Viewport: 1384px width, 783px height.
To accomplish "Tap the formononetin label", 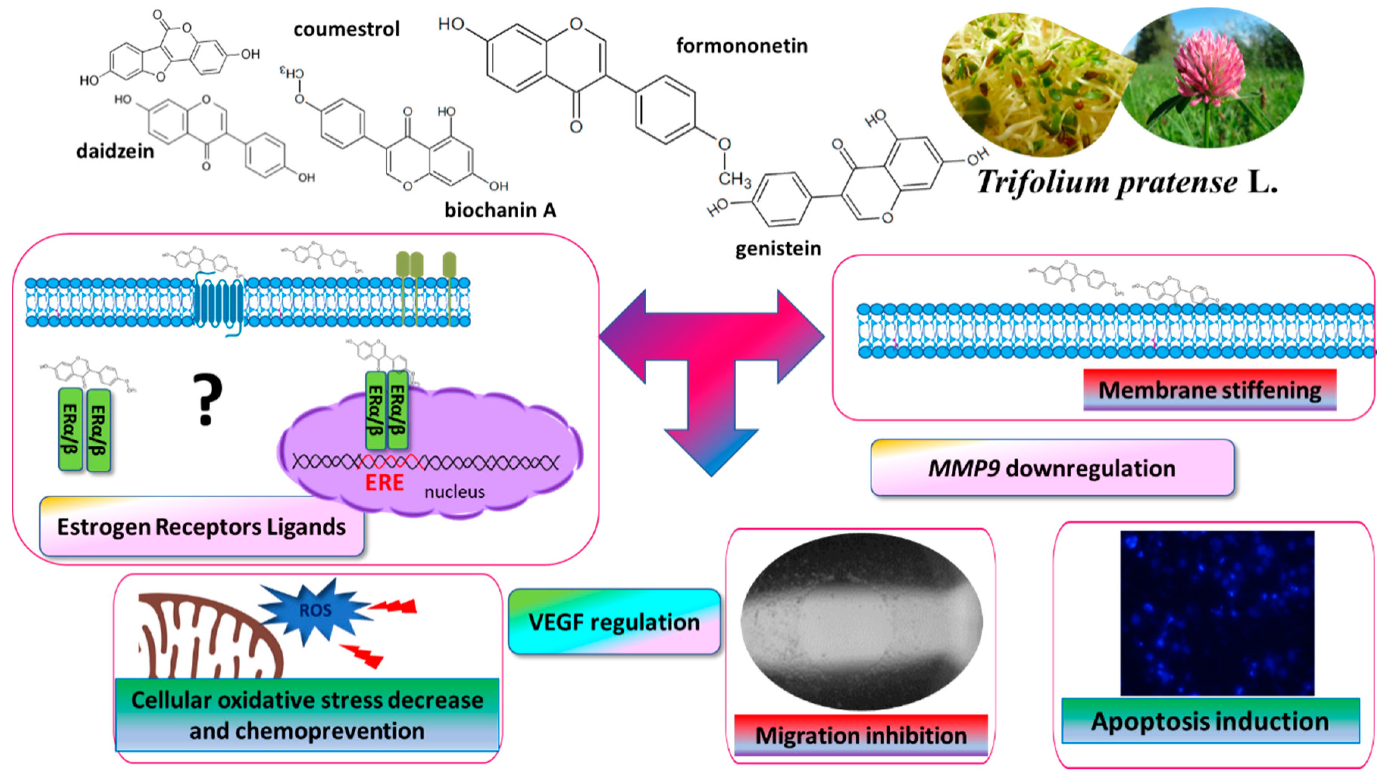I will [x=741, y=46].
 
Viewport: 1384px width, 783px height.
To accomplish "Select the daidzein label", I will [x=115, y=151].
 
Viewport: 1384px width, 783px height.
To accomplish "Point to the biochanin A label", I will [x=500, y=210].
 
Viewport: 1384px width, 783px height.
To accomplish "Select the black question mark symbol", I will [x=207, y=399].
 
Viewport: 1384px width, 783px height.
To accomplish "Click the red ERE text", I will [x=384, y=482].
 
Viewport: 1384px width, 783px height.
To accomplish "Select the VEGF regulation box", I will [x=614, y=622].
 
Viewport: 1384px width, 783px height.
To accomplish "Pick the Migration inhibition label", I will [x=860, y=735].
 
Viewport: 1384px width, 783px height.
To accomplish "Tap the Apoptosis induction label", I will [x=1210, y=721].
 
